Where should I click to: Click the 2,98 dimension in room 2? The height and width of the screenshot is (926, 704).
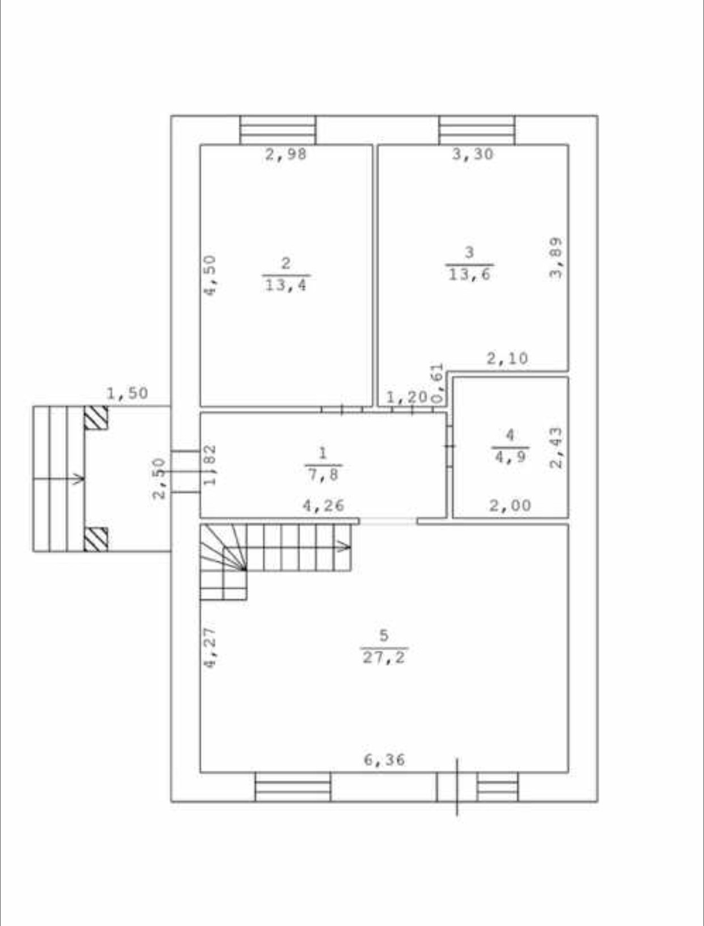pos(286,154)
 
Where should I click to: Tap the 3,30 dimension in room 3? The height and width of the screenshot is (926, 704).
pos(472,154)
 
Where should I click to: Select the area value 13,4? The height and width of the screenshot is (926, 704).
pos(286,286)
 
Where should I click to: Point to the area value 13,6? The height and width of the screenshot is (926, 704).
pos(469,275)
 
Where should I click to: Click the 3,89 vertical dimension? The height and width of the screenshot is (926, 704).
pos(557,258)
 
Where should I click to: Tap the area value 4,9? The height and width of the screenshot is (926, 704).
pos(510,457)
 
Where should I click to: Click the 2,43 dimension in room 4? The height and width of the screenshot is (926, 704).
pos(557,448)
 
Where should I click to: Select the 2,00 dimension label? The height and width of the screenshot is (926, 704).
pos(510,506)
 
